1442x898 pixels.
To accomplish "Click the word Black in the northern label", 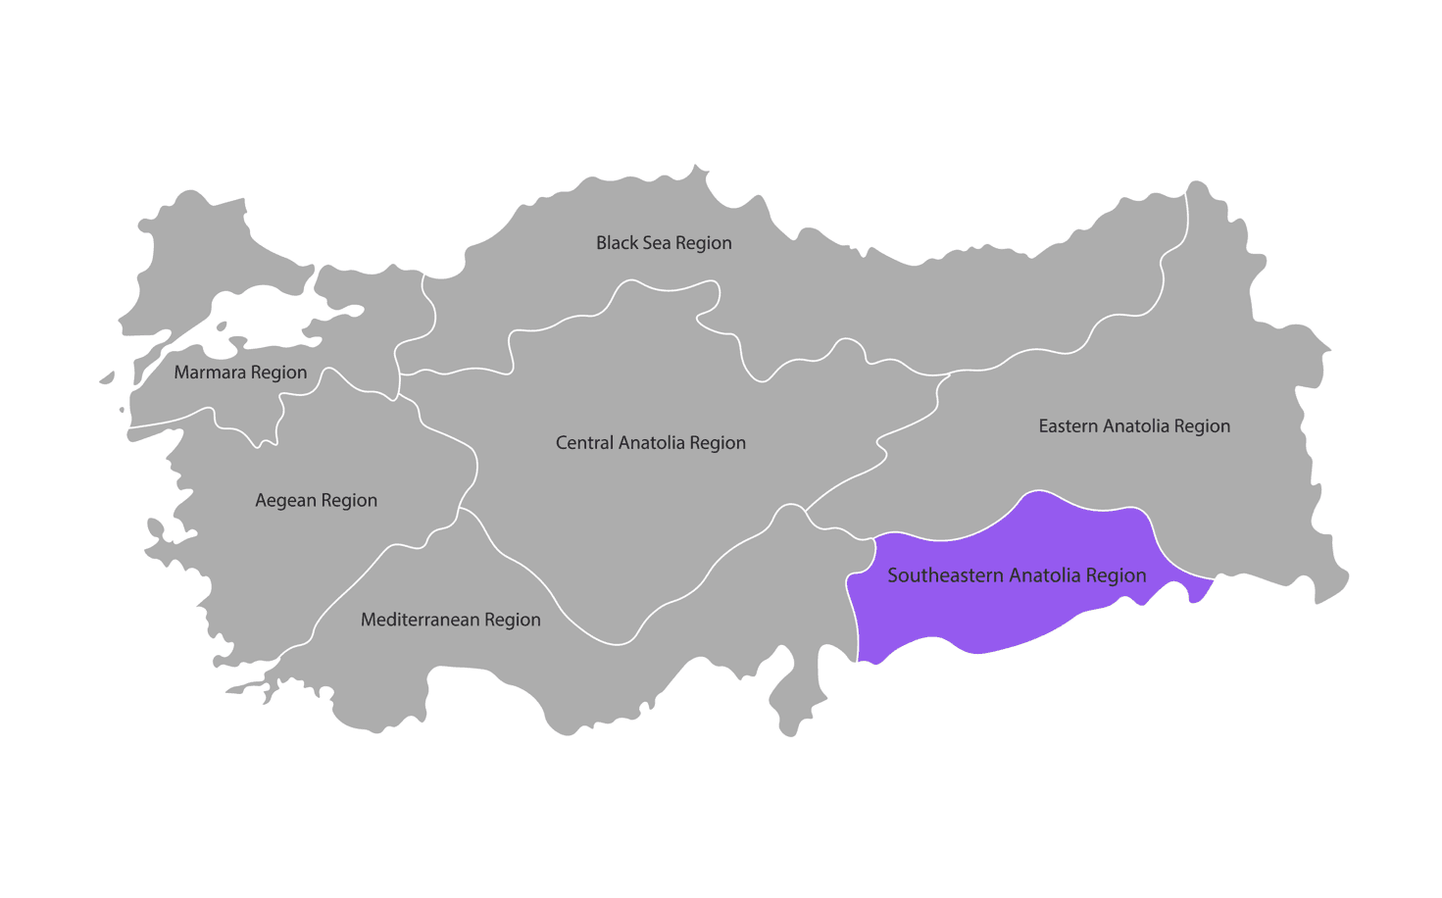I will pyautogui.click(x=617, y=243).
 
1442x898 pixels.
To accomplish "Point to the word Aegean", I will pyautogui.click(x=286, y=501).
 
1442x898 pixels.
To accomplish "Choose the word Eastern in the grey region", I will pyautogui.click(x=1069, y=426).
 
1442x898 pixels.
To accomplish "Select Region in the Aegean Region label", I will pyautogui.click(x=349, y=501).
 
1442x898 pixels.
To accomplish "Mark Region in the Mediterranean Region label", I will pyautogui.click(x=512, y=621).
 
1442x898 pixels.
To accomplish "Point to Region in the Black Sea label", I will pyautogui.click(x=703, y=243).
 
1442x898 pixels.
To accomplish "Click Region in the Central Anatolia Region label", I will pyautogui.click(x=718, y=443).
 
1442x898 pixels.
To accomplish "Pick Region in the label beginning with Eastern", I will pyautogui.click(x=1202, y=426).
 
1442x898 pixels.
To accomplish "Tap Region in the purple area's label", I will pyautogui.click(x=1116, y=575).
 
